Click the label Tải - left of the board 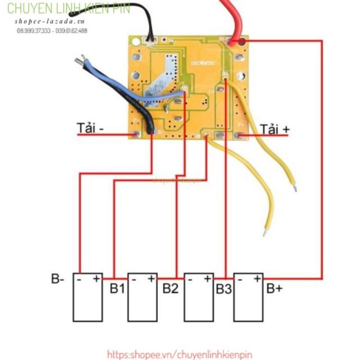pyautogui.click(x=90, y=128)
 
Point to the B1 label pyautogui.click(x=117, y=288)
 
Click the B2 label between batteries pyautogui.click(x=171, y=288)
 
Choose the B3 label pyautogui.click(x=224, y=288)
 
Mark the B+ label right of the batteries pyautogui.click(x=274, y=288)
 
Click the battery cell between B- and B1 pyautogui.click(x=88, y=297)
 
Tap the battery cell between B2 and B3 pyautogui.click(x=198, y=297)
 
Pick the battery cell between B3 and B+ pyautogui.click(x=248, y=297)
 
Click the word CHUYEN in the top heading pyautogui.click(x=26, y=9)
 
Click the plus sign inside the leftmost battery pyautogui.click(x=96, y=279)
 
